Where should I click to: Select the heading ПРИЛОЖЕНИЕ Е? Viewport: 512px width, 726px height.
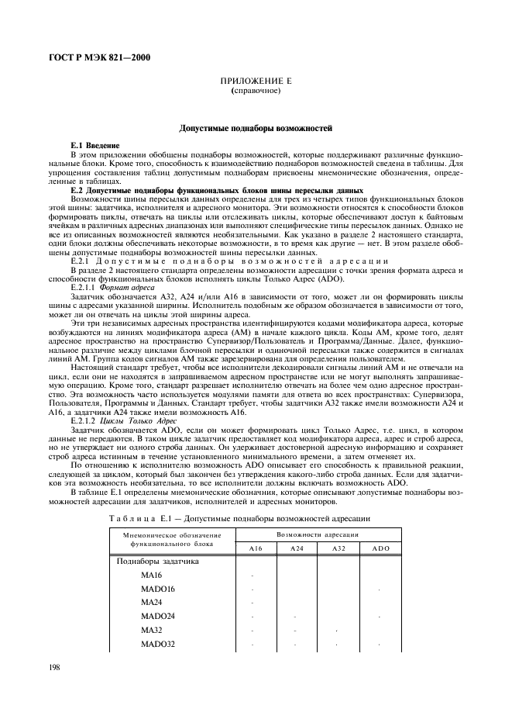point(255,81)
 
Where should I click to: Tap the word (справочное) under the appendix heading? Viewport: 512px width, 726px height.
point(255,92)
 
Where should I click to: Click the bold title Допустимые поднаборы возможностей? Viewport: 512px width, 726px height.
point(255,126)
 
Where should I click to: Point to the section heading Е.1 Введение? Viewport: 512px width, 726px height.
point(94,145)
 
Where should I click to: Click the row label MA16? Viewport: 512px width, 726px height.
point(151,575)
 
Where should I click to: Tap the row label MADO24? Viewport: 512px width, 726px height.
point(157,616)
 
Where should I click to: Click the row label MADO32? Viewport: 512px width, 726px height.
point(157,644)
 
